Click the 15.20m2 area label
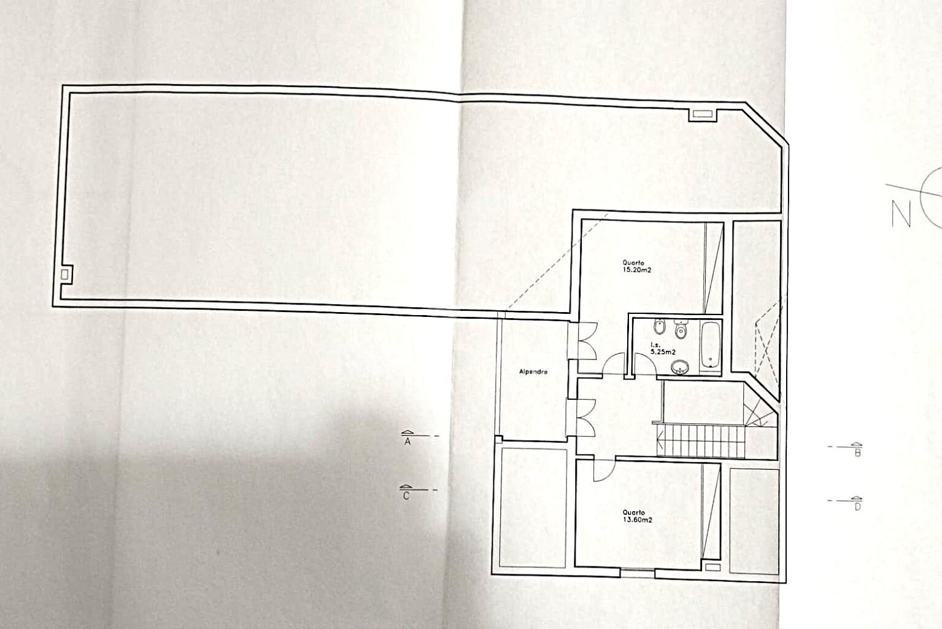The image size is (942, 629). click(x=636, y=270)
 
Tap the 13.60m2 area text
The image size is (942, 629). click(x=638, y=520)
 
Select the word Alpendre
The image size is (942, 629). click(x=533, y=372)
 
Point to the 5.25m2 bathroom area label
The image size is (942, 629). click(x=663, y=352)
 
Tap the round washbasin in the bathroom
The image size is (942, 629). click(x=679, y=367)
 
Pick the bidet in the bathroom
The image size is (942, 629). click(x=659, y=327)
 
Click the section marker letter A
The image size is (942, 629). click(x=407, y=442)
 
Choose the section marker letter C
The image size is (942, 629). click(x=406, y=496)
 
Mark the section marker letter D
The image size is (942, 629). click(x=857, y=507)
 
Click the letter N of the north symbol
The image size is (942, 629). click(x=901, y=214)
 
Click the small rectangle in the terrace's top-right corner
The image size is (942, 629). click(x=702, y=114)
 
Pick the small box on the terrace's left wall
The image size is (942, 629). click(x=64, y=275)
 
